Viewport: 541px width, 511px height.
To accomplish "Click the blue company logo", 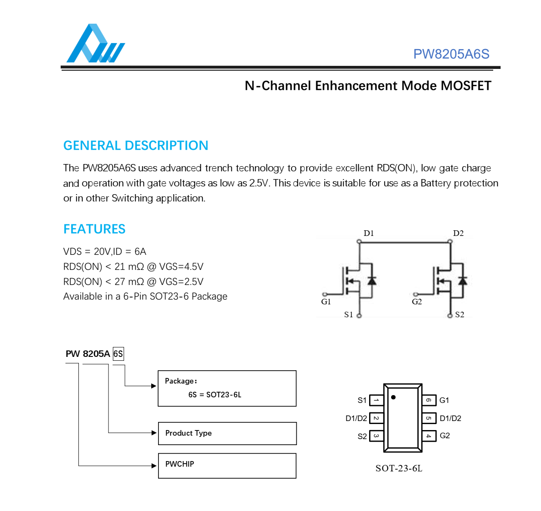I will [95, 44].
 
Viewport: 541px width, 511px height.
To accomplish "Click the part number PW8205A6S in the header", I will [451, 54].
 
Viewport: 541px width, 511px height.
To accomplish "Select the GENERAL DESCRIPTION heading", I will [136, 146].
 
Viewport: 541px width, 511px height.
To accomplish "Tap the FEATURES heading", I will [94, 229].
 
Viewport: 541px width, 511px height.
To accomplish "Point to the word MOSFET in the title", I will [466, 86].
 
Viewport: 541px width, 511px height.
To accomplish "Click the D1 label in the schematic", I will [368, 233].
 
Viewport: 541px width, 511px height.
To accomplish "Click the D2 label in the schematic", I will [458, 233].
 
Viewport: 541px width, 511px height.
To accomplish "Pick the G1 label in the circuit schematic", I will [326, 302].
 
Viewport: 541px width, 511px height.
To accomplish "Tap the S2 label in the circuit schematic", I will [460, 315].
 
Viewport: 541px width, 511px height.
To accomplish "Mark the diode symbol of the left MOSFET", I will [372, 281].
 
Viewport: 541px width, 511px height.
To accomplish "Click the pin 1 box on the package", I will [376, 400].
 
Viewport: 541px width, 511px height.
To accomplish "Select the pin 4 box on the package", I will [429, 436].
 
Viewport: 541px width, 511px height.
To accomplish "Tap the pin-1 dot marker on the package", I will [393, 397].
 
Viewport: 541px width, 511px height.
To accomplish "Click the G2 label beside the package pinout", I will [445, 436].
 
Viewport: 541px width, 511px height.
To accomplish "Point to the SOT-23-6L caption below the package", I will [398, 468].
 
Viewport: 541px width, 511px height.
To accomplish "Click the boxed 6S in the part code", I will [118, 354].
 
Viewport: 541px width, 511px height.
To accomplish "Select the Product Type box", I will [227, 433].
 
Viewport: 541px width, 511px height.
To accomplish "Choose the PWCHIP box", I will [227, 465].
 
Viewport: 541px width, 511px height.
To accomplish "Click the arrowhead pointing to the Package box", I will [154, 386].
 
